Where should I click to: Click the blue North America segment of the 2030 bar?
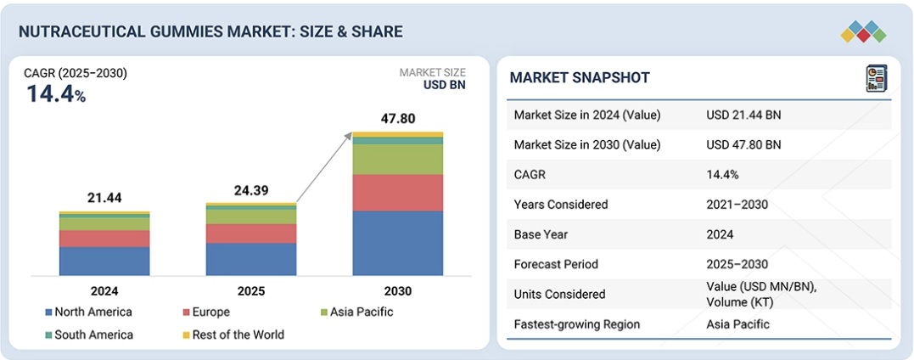click(398, 243)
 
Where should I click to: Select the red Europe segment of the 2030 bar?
click(398, 193)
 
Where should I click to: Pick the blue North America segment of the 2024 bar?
click(104, 261)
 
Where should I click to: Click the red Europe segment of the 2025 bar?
click(251, 233)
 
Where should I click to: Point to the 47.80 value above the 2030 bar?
click(398, 118)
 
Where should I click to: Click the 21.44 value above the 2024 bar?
click(104, 198)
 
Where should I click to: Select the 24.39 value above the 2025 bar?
click(251, 190)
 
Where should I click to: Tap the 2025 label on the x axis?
click(251, 291)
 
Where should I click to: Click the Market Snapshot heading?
click(580, 78)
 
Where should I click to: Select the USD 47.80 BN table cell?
click(743, 144)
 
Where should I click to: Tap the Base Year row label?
click(541, 234)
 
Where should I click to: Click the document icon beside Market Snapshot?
click(875, 79)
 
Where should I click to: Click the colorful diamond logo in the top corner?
click(863, 31)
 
